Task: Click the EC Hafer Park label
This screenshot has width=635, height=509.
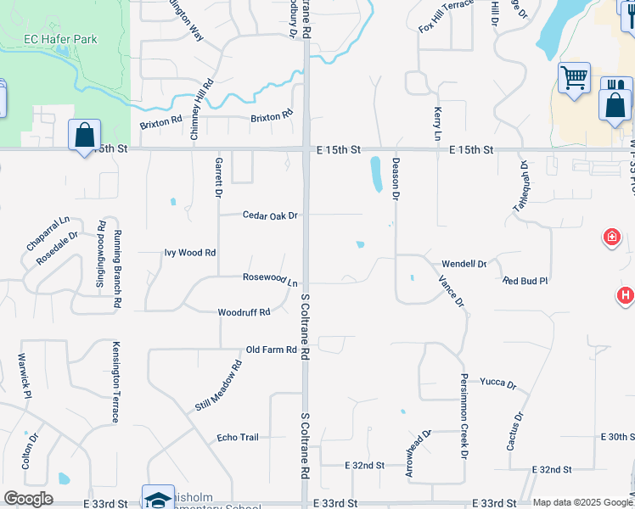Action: tap(59, 39)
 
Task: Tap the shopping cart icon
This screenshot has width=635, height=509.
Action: tap(575, 78)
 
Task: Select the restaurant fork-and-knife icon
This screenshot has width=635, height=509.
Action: tap(616, 89)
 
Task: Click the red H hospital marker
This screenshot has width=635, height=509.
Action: tap(625, 295)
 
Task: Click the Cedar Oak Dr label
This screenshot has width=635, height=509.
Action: tap(270, 215)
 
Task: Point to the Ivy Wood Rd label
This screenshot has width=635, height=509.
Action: tap(190, 253)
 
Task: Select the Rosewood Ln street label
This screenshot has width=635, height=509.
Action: tap(271, 279)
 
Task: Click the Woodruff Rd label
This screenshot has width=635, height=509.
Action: tap(244, 312)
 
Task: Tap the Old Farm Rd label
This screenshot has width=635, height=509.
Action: tap(271, 350)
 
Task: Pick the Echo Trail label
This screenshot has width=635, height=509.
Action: tap(238, 437)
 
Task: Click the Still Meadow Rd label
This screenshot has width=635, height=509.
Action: tap(219, 385)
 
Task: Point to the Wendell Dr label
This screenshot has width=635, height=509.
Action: tap(464, 264)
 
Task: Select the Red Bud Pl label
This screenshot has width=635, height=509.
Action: tap(525, 280)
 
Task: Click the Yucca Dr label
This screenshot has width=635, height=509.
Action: tap(497, 383)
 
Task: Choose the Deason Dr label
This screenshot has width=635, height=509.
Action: tap(395, 177)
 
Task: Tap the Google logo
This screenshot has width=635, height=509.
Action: tap(28, 499)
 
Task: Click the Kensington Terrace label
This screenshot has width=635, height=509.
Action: tap(115, 382)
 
